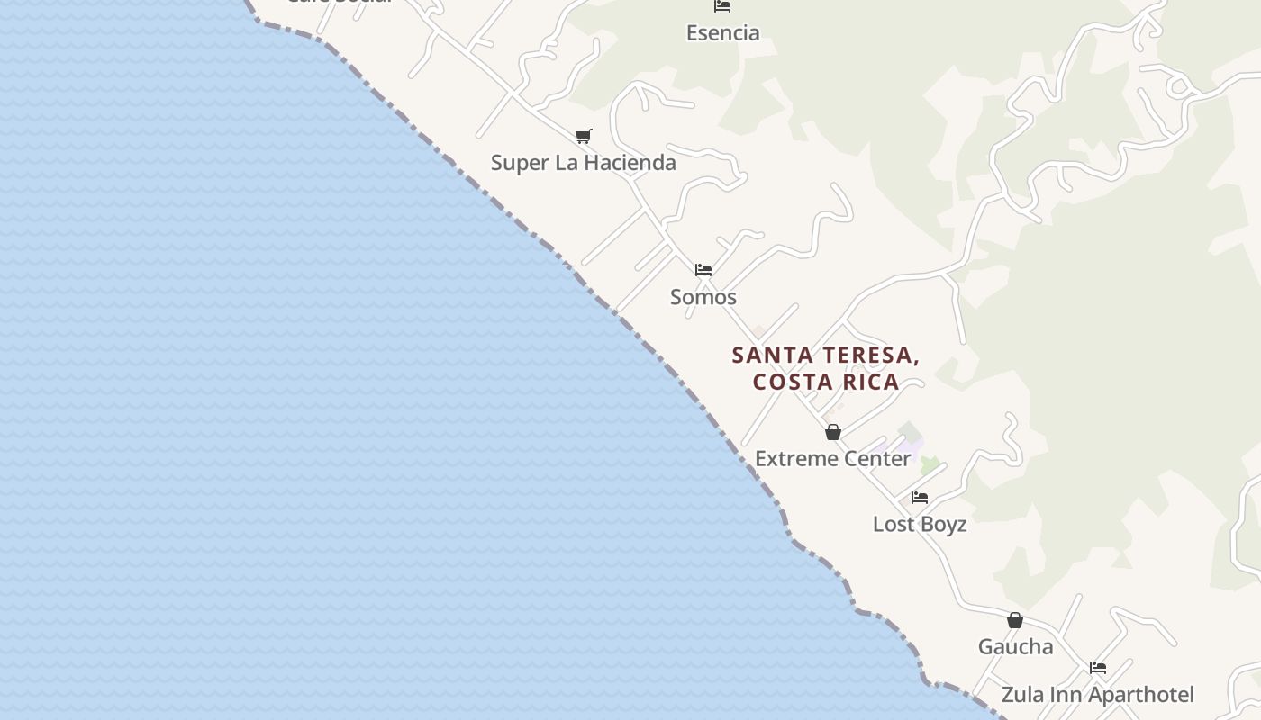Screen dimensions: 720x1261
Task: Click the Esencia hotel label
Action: pyautogui.click(x=722, y=33)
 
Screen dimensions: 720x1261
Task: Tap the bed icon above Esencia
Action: pyautogui.click(x=722, y=6)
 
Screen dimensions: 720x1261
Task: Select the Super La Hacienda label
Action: pyautogui.click(x=583, y=163)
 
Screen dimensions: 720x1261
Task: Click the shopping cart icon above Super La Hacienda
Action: pyautogui.click(x=584, y=137)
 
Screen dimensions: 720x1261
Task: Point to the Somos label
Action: pyautogui.click(x=703, y=297)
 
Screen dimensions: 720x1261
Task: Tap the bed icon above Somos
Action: pyautogui.click(x=703, y=269)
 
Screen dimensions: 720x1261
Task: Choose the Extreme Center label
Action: pyautogui.click(x=832, y=458)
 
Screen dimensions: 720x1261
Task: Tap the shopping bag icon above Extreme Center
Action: pyautogui.click(x=833, y=432)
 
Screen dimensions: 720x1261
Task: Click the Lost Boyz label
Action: pyautogui.click(x=919, y=524)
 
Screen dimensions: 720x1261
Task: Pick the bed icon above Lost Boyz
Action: pyautogui.click(x=920, y=497)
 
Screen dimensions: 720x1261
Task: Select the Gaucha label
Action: pyautogui.click(x=1015, y=646)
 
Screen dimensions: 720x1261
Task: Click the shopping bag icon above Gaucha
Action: pyautogui.click(x=1015, y=620)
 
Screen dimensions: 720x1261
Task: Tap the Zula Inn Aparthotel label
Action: pyautogui.click(x=1097, y=695)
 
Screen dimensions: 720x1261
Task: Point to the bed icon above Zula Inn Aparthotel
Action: pyautogui.click(x=1097, y=668)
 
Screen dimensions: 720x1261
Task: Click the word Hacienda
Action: pyautogui.click(x=630, y=163)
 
